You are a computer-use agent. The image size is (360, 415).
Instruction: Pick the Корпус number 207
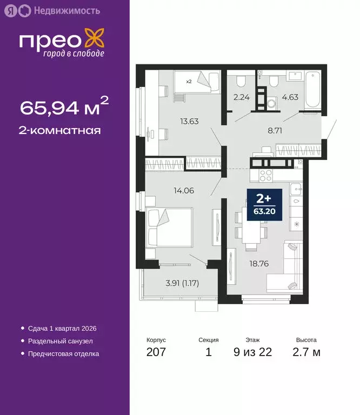pyautogui.click(x=156, y=353)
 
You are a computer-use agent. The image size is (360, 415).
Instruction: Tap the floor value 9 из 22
pyautogui.click(x=252, y=353)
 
